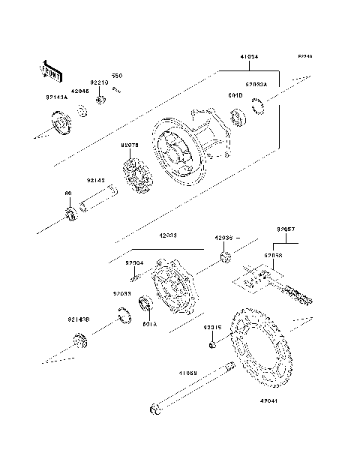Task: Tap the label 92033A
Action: pyautogui.click(x=257, y=85)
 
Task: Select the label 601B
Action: pyautogui.click(x=233, y=95)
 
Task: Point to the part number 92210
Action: pyautogui.click(x=100, y=84)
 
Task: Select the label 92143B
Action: pyautogui.click(x=77, y=318)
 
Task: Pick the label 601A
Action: pyautogui.click(x=149, y=325)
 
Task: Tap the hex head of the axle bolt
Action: pyautogui.click(x=154, y=409)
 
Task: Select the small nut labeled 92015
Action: pyautogui.click(x=213, y=344)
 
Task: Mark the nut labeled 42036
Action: pyautogui.click(x=224, y=259)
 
